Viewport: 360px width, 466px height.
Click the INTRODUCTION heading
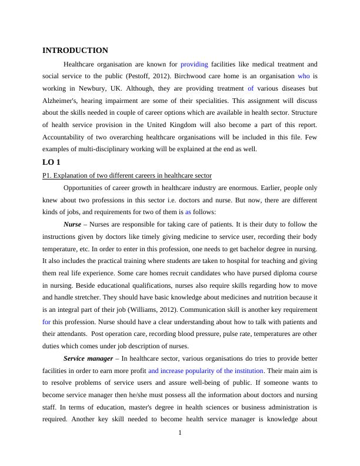75,51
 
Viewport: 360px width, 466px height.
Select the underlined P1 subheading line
127,175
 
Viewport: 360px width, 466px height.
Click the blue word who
304,76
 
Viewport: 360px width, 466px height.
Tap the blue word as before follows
188,212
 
